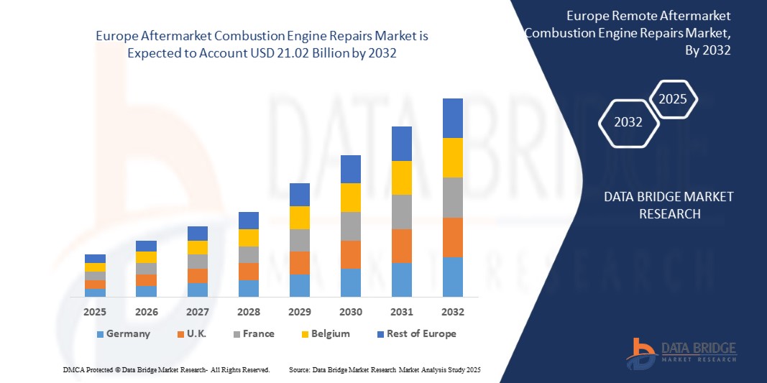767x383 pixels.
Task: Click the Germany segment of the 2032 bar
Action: pyautogui.click(x=452, y=277)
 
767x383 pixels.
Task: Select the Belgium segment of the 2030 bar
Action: pyautogui.click(x=350, y=198)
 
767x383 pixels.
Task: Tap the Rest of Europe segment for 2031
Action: pyautogui.click(x=401, y=144)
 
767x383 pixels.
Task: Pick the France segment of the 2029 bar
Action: pyautogui.click(x=299, y=240)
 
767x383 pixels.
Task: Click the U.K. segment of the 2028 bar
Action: pyautogui.click(x=248, y=272)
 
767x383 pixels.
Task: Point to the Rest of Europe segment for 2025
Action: pyautogui.click(x=95, y=259)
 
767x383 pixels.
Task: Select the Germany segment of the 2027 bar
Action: pyautogui.click(x=197, y=290)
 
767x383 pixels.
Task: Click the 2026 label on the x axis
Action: pyautogui.click(x=146, y=312)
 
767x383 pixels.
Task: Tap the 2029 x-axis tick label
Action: pyautogui.click(x=299, y=312)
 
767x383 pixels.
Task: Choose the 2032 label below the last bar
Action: pyautogui.click(x=452, y=312)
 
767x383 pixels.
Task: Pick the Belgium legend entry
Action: pyautogui.click(x=325, y=333)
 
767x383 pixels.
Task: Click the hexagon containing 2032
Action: pyautogui.click(x=628, y=122)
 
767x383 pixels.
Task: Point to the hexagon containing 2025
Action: pyautogui.click(x=673, y=99)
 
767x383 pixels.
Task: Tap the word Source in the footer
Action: pyautogui.click(x=298, y=369)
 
